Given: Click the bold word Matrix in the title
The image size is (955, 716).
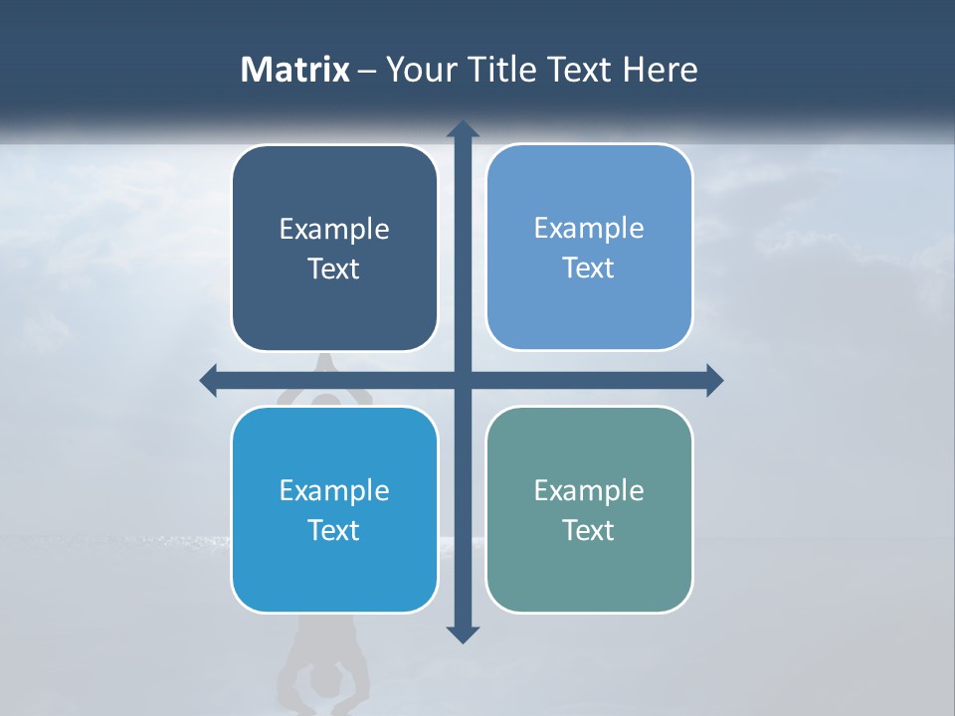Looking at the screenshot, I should (294, 70).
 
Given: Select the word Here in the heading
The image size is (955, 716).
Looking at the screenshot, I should (661, 70).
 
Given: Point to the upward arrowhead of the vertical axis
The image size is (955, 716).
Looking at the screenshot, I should (463, 129).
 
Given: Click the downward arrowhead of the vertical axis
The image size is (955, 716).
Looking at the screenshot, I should (463, 634).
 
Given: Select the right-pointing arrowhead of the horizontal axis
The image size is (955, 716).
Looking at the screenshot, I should (714, 380).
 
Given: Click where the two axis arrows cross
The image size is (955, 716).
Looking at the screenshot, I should (463, 380).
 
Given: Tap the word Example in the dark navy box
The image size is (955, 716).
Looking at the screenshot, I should (334, 230).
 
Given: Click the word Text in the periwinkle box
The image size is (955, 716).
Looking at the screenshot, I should (589, 268).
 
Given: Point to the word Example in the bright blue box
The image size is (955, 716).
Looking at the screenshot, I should (334, 491).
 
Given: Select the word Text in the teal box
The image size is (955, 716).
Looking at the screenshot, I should (589, 530).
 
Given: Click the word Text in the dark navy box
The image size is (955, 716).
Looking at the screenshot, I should (334, 268).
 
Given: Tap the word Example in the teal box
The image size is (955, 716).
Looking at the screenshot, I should (589, 491).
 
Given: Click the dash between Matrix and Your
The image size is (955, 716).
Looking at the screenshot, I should (367, 71).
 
